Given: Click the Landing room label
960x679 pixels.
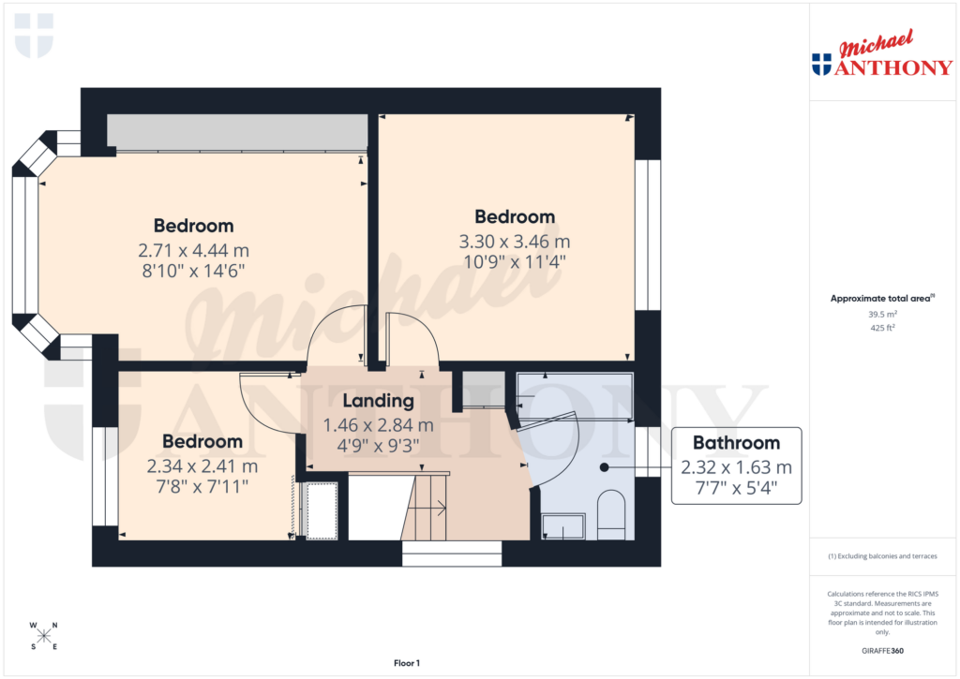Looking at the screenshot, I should [378, 401].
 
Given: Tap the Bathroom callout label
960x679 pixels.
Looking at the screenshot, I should [736, 443].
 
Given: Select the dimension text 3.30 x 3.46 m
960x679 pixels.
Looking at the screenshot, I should [514, 241].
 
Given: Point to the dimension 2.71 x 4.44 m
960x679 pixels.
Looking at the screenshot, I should [193, 250].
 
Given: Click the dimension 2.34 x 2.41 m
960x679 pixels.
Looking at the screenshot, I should [202, 465].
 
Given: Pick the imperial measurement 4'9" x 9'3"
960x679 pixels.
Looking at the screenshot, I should [378, 446].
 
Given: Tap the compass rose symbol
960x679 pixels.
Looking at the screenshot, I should [43, 636].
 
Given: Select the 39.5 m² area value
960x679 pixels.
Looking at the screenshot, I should [882, 315].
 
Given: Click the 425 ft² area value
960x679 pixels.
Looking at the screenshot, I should [882, 329].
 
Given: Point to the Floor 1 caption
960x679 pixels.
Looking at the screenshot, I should [405, 663].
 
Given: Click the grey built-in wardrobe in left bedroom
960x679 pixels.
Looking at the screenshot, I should [236, 131].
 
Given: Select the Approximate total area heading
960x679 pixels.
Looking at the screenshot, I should [880, 299].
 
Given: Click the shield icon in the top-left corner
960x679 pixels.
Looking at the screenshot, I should [34, 35].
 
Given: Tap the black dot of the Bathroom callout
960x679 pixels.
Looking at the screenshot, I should [605, 466].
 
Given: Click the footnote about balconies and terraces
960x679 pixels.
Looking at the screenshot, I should [882, 556].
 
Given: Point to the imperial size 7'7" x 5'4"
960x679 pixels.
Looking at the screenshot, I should [736, 488].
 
